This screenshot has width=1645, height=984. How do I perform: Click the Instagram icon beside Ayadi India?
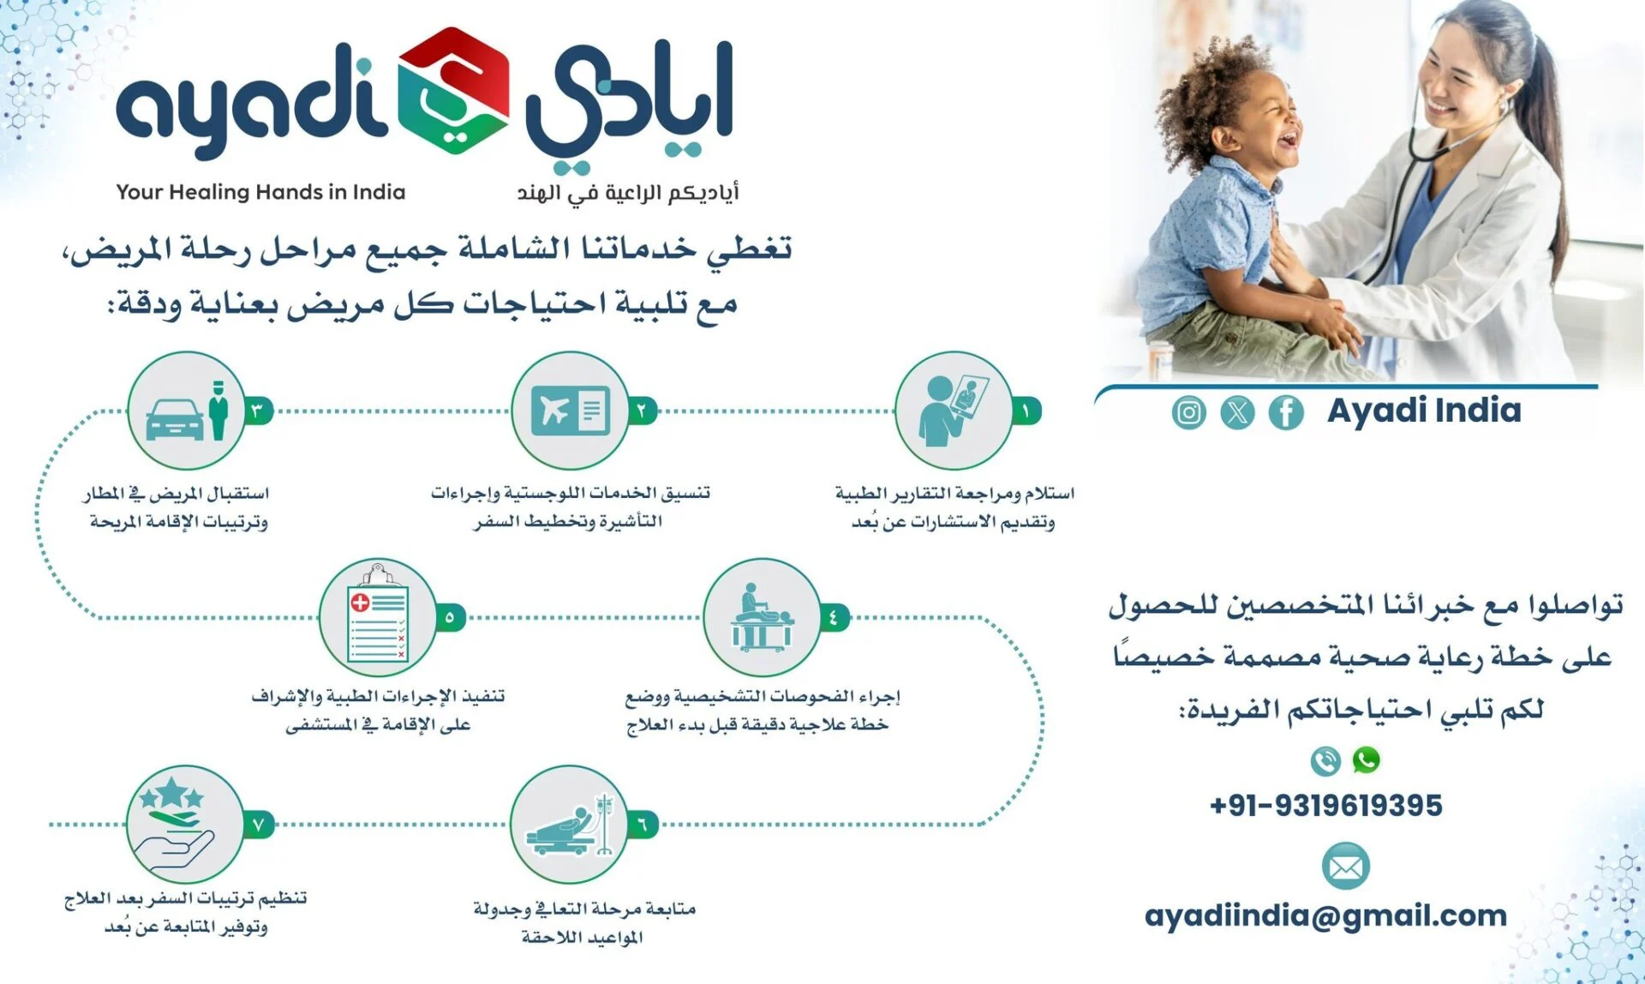click(1188, 412)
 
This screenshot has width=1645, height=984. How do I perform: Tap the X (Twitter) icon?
click(1237, 412)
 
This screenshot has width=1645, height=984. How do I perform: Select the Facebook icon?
click(1286, 412)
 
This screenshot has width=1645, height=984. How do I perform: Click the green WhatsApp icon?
click(1367, 759)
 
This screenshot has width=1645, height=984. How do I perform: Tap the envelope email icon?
click(1346, 867)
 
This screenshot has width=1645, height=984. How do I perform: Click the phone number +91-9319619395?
click(1326, 806)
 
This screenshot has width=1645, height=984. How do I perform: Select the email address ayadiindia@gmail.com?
click(1325, 916)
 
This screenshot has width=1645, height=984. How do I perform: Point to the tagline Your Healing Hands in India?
click(260, 192)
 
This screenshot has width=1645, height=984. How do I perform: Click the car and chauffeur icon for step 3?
click(188, 411)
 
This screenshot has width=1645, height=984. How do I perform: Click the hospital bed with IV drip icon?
click(569, 825)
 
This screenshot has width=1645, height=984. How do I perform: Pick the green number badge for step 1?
click(1026, 411)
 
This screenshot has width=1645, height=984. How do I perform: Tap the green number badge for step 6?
click(643, 825)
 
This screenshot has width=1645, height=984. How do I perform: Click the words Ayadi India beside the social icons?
click(1425, 411)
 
